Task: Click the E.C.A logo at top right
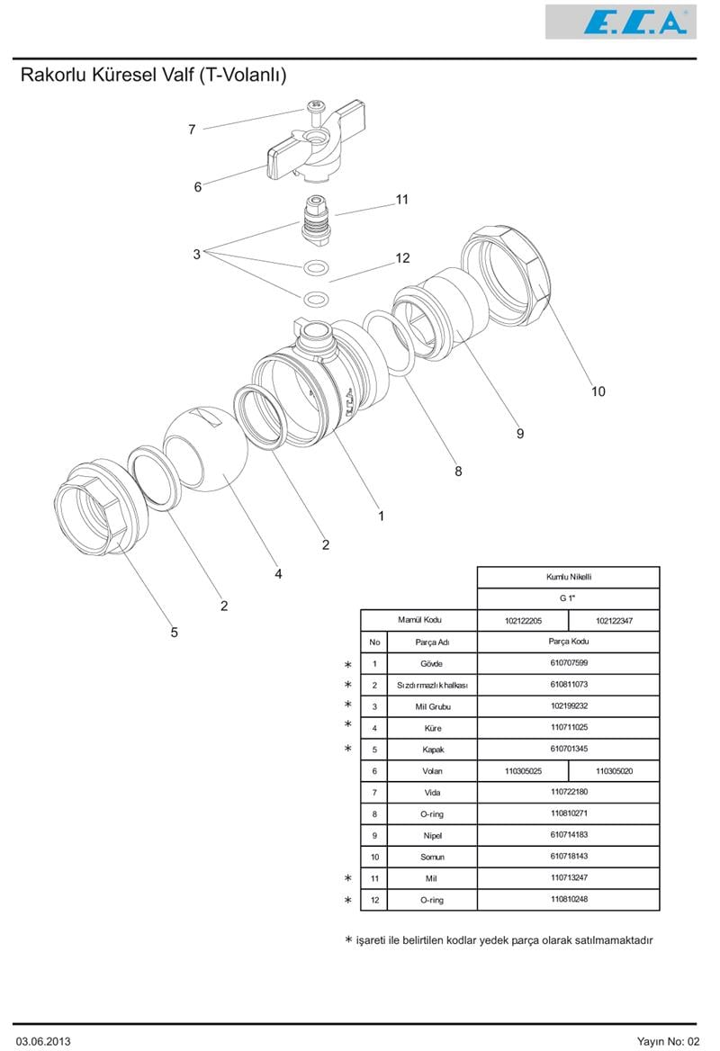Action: tap(620, 22)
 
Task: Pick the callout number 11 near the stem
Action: tap(402, 199)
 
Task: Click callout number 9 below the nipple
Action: tap(519, 434)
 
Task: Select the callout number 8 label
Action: tap(458, 471)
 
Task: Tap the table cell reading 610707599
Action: tap(568, 663)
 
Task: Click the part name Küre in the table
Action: tap(432, 728)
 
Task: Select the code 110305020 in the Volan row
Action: tap(614, 771)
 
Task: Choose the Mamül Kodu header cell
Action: tap(419, 620)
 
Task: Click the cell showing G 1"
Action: tap(568, 598)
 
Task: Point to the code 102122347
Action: tap(614, 620)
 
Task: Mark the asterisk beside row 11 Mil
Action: tap(348, 878)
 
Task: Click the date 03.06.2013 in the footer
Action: tap(43, 1040)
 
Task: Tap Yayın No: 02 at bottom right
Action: tap(667, 1040)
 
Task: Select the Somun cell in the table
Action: tap(432, 857)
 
